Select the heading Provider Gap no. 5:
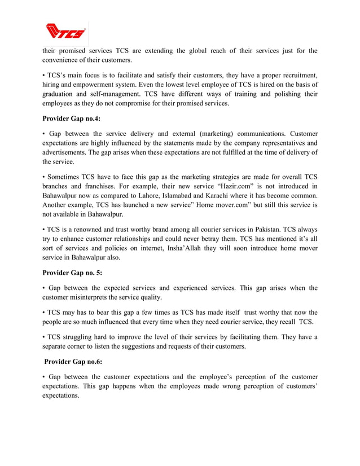(72, 272)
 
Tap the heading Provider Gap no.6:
(72, 362)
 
